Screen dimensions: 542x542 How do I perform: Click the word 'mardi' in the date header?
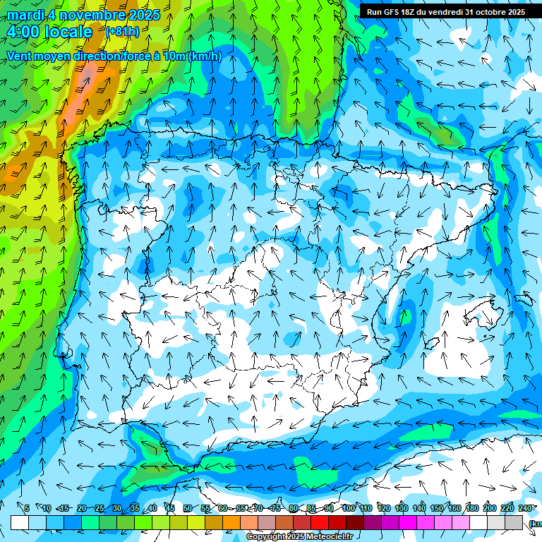tap(25, 15)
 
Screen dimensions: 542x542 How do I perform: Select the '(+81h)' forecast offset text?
tap(122, 32)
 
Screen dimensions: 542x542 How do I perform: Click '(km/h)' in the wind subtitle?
tap(205, 56)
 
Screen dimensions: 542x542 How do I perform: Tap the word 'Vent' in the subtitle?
tap(20, 56)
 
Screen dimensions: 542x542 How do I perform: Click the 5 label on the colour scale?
tap(27, 509)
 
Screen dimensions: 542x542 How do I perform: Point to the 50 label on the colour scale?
tap(188, 509)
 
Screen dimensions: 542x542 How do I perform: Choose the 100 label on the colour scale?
tap(349, 509)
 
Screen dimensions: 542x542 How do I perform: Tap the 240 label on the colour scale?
tap(524, 509)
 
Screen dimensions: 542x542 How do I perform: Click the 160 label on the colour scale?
tap(454, 509)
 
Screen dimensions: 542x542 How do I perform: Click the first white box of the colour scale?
tap(20, 522)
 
